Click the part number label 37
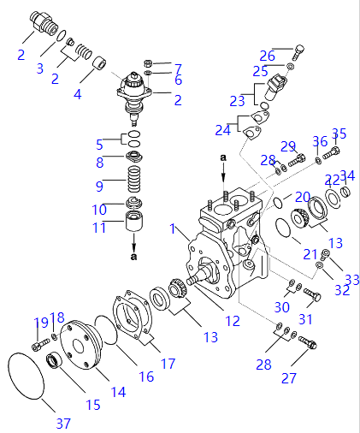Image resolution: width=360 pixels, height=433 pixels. pos(63,424)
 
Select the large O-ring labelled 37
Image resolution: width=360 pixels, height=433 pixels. pos(9,371)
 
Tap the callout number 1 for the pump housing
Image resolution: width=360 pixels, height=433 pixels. pos(172,228)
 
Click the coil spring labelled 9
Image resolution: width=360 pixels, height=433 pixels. pos(134,180)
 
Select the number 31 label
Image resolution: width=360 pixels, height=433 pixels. pos(305,319)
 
